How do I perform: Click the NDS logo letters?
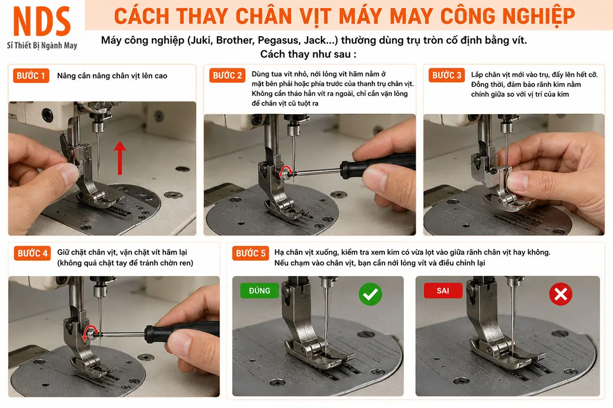42,21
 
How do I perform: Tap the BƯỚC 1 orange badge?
31,75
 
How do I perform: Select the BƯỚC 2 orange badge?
227,75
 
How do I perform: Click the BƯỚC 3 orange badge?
446,75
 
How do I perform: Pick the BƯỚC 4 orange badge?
32,253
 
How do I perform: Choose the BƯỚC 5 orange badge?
250,253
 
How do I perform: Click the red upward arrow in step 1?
120,158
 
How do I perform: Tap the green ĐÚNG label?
260,291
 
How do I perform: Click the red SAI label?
443,291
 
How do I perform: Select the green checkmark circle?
370,294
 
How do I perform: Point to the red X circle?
560,294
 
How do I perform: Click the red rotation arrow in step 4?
89,332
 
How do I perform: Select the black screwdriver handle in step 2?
378,164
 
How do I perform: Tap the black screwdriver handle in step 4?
182,331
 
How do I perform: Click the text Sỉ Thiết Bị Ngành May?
42,45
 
